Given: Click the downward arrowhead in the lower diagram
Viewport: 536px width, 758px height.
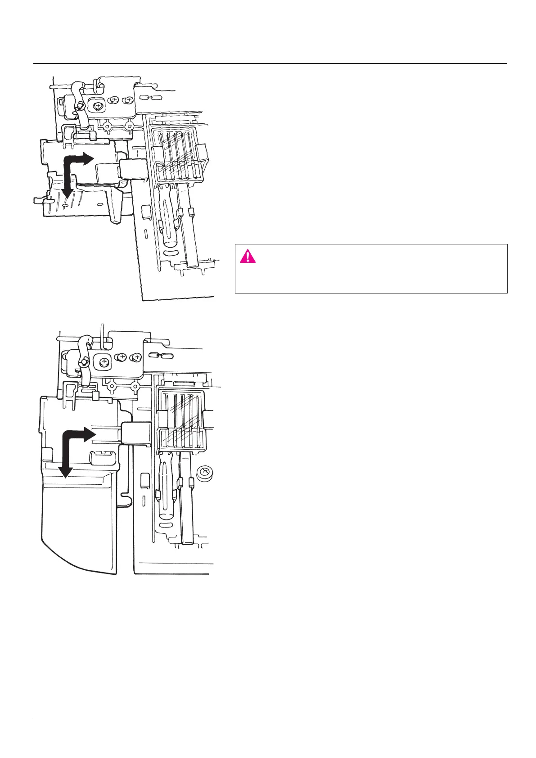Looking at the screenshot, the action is coord(66,472).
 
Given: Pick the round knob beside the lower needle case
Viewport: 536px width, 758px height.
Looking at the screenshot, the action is coord(205,474).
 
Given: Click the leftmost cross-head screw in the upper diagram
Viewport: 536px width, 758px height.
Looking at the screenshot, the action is coord(98,104).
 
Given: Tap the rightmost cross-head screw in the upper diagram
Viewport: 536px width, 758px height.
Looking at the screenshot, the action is coord(129,99).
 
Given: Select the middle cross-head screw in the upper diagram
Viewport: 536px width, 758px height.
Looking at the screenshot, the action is coord(115,100).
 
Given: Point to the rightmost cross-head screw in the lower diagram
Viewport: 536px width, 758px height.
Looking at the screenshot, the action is coord(135,358).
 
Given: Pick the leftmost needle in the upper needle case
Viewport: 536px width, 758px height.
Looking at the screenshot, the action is coord(167,153).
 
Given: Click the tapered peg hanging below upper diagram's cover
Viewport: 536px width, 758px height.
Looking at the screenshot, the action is coord(116,207).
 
